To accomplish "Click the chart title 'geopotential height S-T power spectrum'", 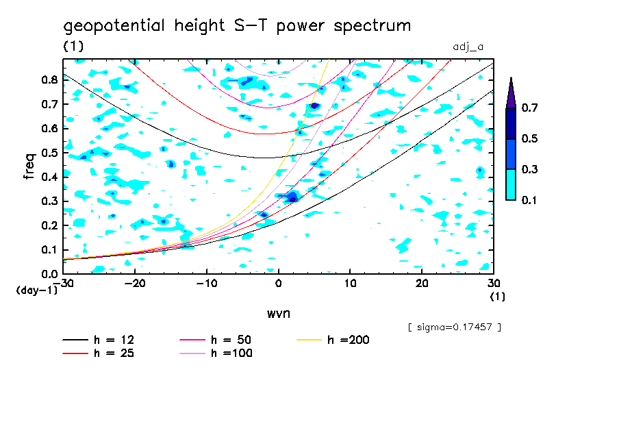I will coord(237,27).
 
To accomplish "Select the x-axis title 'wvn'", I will coord(278,313).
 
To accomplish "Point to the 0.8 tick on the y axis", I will coord(50,79).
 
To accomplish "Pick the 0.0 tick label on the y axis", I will coord(50,274).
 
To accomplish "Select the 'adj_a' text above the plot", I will coord(468,47).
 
